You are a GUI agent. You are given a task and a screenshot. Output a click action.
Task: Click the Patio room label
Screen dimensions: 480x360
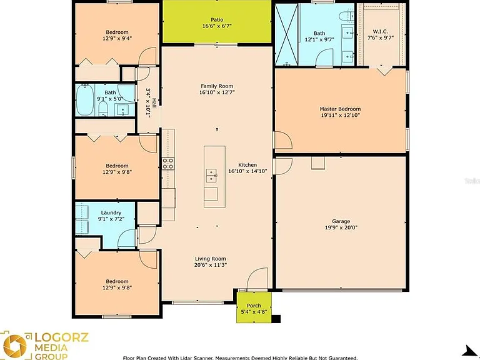tap(217, 20)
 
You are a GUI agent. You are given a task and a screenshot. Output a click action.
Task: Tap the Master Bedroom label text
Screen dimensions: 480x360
tap(340, 109)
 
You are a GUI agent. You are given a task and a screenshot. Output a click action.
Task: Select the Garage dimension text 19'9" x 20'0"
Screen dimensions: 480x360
tap(341, 227)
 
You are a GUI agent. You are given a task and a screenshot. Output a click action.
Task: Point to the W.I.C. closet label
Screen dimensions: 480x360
tap(381, 31)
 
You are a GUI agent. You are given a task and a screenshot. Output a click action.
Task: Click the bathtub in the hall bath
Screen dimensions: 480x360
tap(84, 100)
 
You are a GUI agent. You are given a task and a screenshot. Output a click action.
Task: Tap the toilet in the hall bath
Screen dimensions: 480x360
tap(103, 109)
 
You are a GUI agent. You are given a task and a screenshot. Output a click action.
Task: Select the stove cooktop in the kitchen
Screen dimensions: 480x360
tap(168, 163)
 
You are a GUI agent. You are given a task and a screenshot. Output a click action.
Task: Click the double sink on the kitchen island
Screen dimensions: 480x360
tap(211, 176)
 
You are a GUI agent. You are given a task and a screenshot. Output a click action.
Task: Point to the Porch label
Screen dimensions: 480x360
tap(254, 306)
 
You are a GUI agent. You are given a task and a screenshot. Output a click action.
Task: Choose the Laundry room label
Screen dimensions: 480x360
tap(111, 212)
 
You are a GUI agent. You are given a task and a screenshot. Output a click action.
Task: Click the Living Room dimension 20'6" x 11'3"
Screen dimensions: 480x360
tap(210, 265)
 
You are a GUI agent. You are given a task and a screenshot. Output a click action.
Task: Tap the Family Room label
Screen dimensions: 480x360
tap(217, 86)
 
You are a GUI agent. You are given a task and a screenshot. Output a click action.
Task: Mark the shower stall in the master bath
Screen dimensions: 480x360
tap(286, 34)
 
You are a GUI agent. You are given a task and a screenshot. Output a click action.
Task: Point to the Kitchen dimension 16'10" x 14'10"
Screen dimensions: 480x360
tap(247, 171)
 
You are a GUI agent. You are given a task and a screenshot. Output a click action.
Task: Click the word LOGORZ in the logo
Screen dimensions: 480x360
tap(61, 337)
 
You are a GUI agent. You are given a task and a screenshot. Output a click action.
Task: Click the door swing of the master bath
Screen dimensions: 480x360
tap(324, 57)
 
